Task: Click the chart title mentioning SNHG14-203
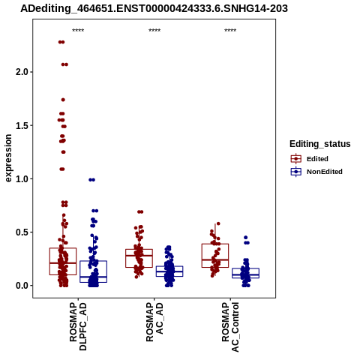click(154, 8)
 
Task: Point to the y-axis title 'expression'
click(8, 158)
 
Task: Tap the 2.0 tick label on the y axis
click(21, 72)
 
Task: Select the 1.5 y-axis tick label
click(21, 125)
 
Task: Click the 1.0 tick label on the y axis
click(21, 179)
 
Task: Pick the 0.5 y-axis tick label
click(21, 232)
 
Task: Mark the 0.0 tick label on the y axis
click(21, 286)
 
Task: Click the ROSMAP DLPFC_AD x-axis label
click(78, 326)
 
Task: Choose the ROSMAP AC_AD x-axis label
click(154, 322)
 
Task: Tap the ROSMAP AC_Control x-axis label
click(230, 327)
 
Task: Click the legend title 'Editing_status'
click(320, 144)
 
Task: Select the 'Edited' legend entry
click(309, 159)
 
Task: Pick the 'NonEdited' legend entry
click(316, 172)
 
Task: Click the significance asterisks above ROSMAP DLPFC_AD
click(78, 31)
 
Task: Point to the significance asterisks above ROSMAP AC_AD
click(154, 31)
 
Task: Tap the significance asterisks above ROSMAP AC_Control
click(230, 31)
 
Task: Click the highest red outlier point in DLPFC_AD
click(61, 42)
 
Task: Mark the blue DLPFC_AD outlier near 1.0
click(92, 180)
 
